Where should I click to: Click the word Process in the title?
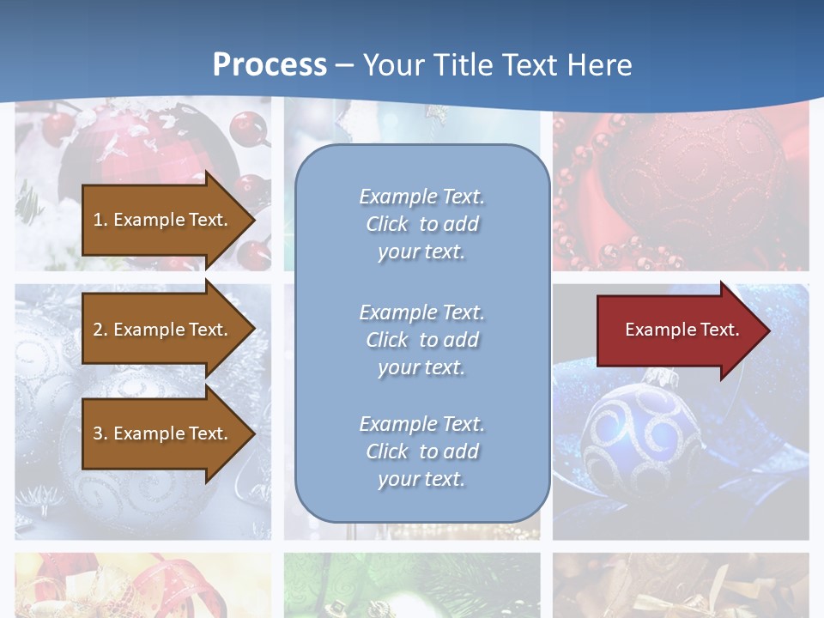tap(270, 65)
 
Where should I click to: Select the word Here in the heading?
tap(598, 65)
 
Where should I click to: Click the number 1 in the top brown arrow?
tap(98, 220)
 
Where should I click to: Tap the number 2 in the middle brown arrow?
tap(98, 330)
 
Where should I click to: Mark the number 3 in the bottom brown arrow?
tap(98, 433)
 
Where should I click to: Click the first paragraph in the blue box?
tap(421, 224)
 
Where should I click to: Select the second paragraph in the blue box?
tap(421, 340)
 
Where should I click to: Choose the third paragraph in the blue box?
tap(421, 451)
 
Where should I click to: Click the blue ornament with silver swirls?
tap(640, 437)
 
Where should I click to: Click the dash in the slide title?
tap(344, 65)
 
